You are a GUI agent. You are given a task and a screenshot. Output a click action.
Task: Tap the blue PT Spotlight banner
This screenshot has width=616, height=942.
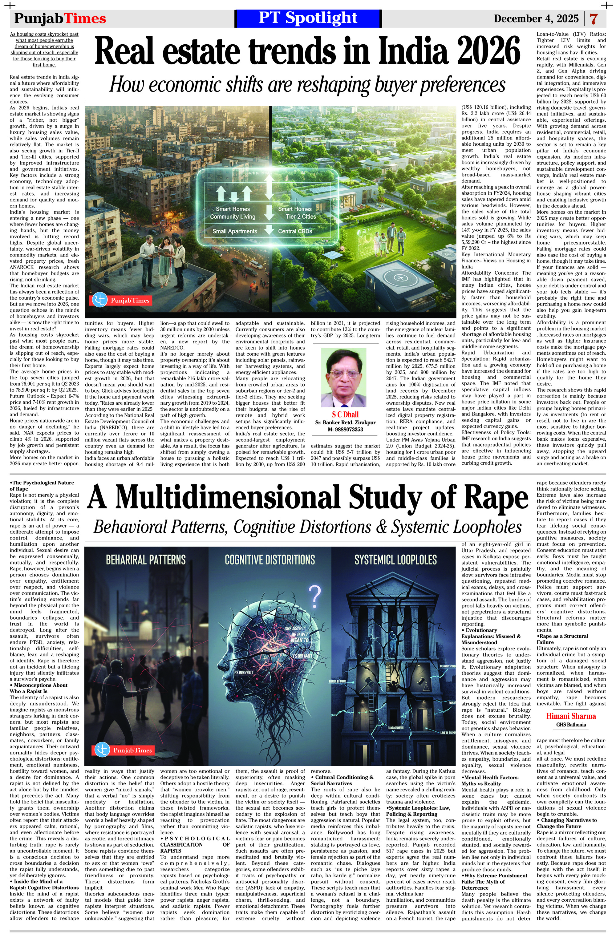(x=308, y=18)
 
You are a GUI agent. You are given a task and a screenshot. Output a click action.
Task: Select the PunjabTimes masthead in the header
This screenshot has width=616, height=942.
(x=60, y=18)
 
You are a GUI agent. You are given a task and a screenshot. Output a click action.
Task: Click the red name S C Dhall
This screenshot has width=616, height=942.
(x=345, y=414)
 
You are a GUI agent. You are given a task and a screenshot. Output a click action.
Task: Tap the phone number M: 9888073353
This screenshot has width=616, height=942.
(x=345, y=430)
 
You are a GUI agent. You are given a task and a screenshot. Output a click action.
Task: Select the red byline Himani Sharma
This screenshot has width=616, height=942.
(x=571, y=716)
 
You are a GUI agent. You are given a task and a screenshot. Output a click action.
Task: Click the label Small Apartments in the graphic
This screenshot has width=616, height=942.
(x=235, y=231)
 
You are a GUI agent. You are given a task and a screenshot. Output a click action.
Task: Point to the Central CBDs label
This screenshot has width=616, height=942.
(x=295, y=231)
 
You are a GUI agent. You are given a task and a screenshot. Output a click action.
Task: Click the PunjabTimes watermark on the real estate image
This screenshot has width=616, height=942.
(x=121, y=301)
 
